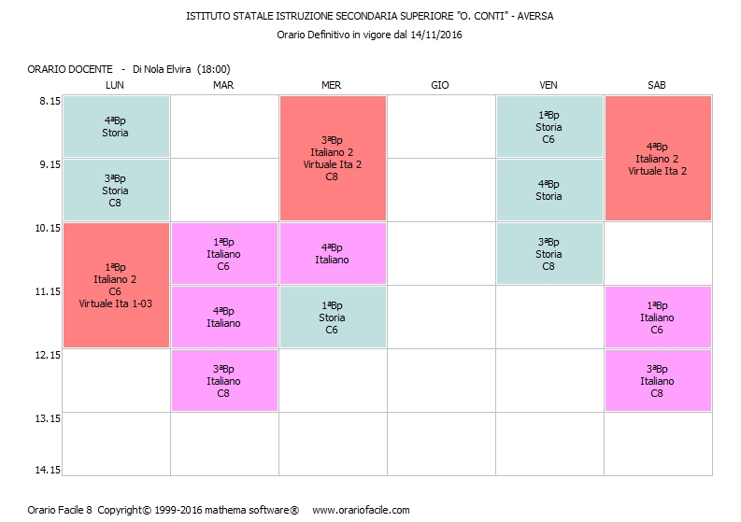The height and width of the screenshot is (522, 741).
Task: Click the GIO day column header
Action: coord(440,85)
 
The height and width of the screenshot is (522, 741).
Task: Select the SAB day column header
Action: coord(657,85)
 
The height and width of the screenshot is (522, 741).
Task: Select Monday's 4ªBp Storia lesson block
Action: coord(115,127)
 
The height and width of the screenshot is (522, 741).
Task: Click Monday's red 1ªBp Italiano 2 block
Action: coord(115,285)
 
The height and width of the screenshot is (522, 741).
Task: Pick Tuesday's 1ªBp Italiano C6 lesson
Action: coord(223,253)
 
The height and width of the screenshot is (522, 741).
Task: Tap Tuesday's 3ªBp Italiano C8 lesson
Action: coord(223,380)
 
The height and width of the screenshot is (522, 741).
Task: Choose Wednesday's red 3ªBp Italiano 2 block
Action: coord(333,158)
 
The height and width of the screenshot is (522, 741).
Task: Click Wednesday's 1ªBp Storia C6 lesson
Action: coord(333,317)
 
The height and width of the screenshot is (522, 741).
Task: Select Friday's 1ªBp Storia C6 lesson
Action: coord(549,127)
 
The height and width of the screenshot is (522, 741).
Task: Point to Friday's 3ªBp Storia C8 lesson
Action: coord(549,253)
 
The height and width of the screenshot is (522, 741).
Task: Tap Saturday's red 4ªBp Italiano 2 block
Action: coord(658,158)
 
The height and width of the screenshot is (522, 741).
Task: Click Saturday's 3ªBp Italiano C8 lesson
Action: coord(658,380)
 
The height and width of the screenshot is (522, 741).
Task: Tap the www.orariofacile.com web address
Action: coord(361,510)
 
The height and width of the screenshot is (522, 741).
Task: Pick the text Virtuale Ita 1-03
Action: coord(115,303)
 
